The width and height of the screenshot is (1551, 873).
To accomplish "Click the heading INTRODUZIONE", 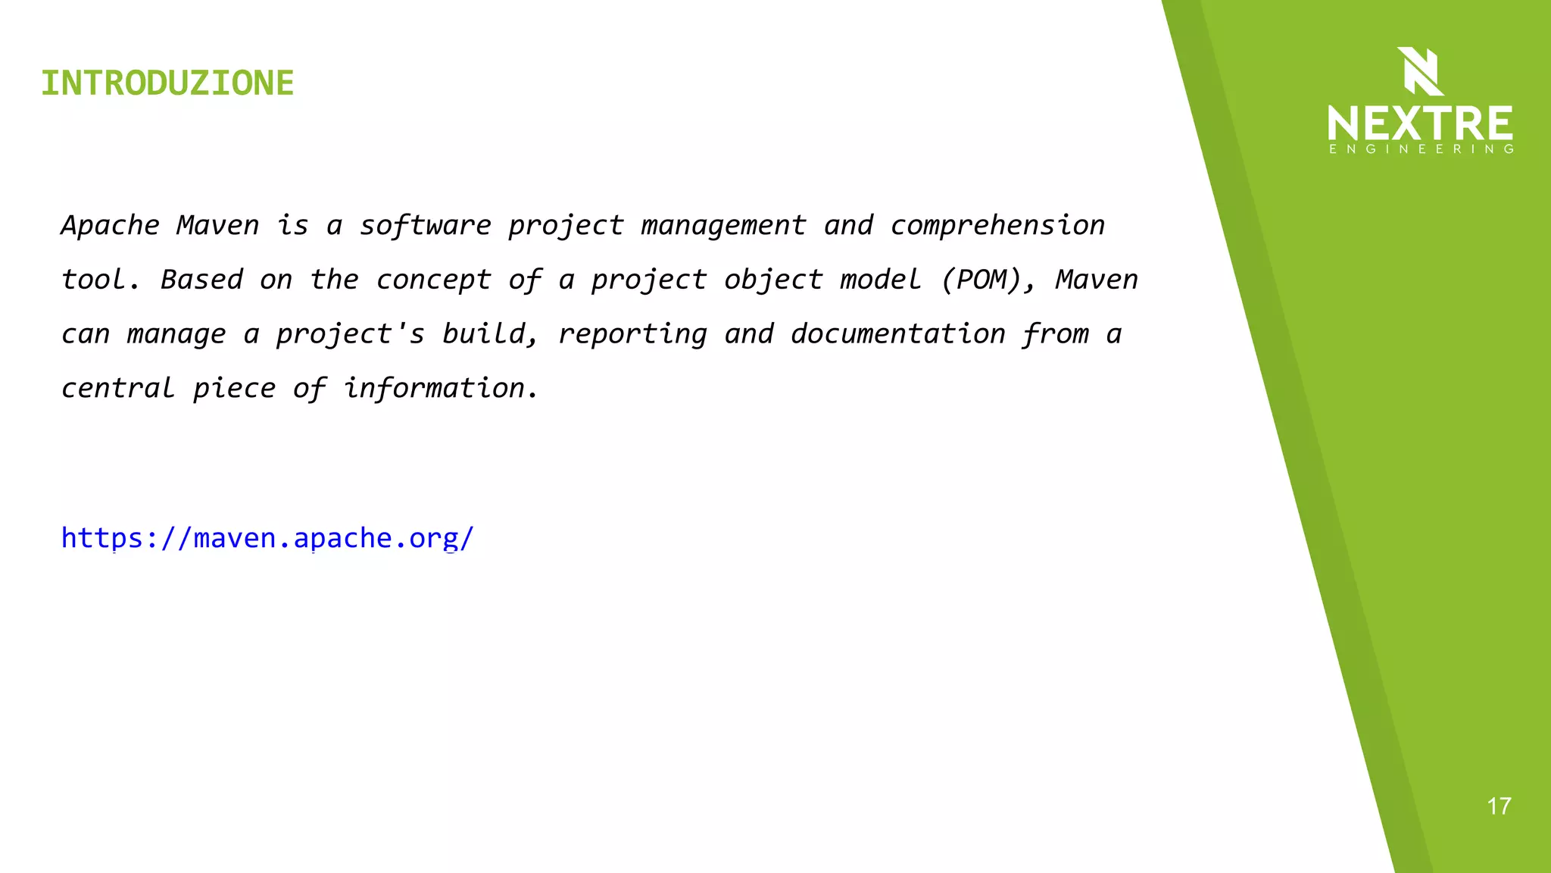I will [x=167, y=83].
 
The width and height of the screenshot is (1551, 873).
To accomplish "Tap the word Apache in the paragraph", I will [x=111, y=226].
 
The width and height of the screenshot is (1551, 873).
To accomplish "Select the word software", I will [x=425, y=226].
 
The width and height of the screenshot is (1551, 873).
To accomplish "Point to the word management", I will [x=723, y=226].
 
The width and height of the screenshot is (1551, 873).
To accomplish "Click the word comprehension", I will [x=997, y=226].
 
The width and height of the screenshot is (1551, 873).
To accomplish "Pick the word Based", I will [x=201, y=280].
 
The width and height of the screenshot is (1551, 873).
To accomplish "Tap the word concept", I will [x=433, y=280].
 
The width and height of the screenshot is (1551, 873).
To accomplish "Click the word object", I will [x=773, y=280].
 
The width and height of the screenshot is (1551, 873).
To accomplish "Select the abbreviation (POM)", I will [x=988, y=280].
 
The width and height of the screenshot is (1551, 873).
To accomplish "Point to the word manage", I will [x=176, y=334].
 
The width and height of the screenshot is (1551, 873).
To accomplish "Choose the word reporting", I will [x=632, y=334].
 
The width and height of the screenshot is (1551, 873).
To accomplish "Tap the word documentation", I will [x=897, y=334].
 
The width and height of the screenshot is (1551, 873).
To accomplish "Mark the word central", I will [x=118, y=389].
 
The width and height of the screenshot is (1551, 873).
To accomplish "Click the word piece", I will [x=235, y=389].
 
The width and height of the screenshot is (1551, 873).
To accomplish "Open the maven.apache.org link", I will [x=267, y=538].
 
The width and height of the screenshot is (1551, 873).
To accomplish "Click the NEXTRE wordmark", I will [x=1420, y=123].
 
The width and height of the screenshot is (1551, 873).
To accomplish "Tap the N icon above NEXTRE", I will [x=1420, y=71].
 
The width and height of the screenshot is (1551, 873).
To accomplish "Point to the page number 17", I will [x=1499, y=806].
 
